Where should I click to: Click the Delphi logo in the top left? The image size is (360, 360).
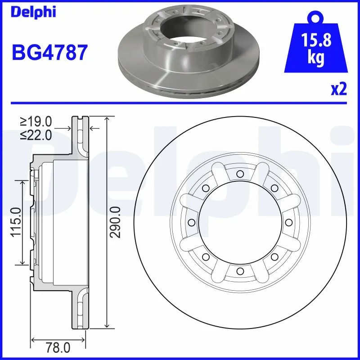click(33, 12)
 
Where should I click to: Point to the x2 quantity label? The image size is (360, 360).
click(338, 89)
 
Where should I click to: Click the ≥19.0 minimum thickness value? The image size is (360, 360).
click(36, 121)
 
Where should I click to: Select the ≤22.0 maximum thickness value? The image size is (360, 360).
click(36, 134)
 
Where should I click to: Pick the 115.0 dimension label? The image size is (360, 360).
click(15, 222)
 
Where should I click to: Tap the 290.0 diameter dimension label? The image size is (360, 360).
click(116, 222)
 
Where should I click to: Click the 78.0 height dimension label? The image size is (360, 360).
click(58, 347)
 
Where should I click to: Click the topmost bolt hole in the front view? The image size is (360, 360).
click(239, 174)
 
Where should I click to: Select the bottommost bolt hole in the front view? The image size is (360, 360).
click(239, 270)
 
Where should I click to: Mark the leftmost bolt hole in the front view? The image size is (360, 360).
click(191, 222)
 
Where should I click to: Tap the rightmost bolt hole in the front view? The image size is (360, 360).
click(288, 222)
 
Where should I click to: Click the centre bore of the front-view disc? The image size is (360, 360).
click(239, 222)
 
